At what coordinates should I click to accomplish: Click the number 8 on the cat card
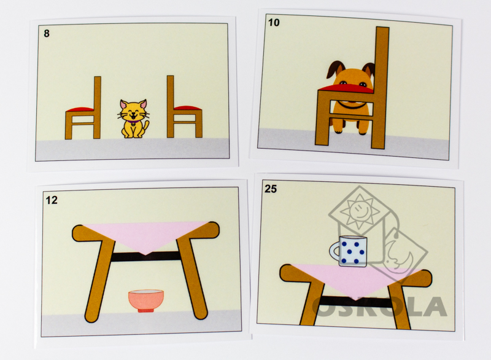pos(47,34)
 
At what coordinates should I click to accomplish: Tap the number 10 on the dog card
pos(274,23)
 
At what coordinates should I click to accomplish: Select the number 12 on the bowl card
pos(52,200)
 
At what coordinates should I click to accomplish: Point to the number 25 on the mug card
pos(271,189)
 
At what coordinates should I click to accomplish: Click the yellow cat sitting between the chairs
pos(134,119)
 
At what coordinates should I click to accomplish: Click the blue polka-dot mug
pos(349,251)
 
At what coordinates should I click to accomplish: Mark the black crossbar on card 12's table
pos(145,256)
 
